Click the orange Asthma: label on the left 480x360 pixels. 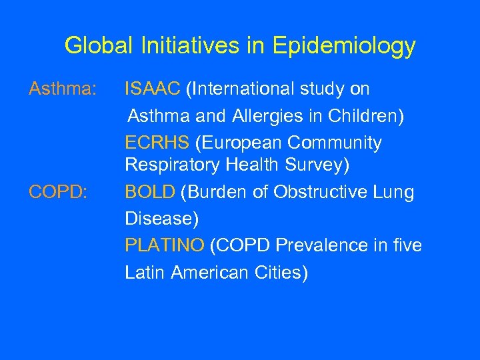[x=62, y=89]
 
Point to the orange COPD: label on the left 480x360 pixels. [x=57, y=193]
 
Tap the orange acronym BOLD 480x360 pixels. [x=150, y=193]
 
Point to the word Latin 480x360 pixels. [x=145, y=272]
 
